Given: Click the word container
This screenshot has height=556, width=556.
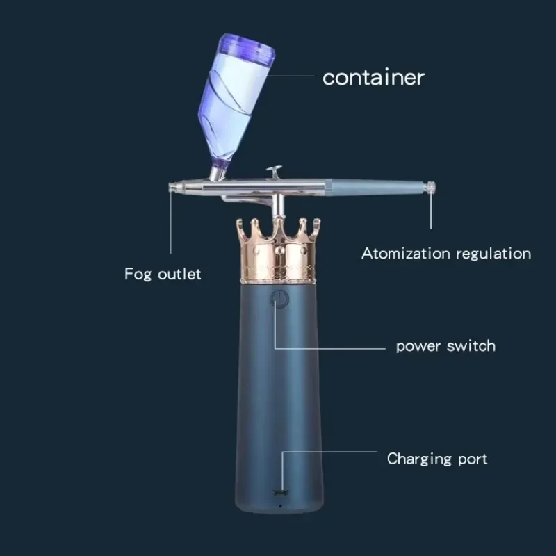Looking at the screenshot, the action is coord(373,77).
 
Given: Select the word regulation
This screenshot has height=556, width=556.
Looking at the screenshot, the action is coord(493,254).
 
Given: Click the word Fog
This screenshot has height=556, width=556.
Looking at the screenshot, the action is coord(138,274).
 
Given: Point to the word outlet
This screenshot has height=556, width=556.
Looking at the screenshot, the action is coord(179,274).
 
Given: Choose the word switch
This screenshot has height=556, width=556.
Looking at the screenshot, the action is coord(472,345).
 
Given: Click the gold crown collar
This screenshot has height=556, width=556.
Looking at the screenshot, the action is coord(278,254).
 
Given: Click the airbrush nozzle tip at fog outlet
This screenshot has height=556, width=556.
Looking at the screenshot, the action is coord(173,186).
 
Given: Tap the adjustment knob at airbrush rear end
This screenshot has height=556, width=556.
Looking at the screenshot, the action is coord(432,186).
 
